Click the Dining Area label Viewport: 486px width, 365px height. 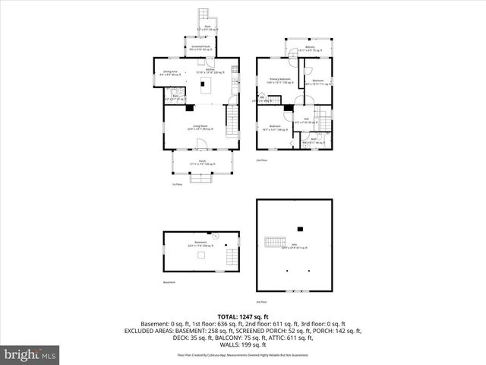point(170,73)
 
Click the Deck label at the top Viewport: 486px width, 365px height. point(207,27)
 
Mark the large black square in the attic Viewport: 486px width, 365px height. point(301,227)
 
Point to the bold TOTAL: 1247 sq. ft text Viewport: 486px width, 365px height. point(243,316)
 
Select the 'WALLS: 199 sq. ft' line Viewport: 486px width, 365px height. point(243,345)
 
